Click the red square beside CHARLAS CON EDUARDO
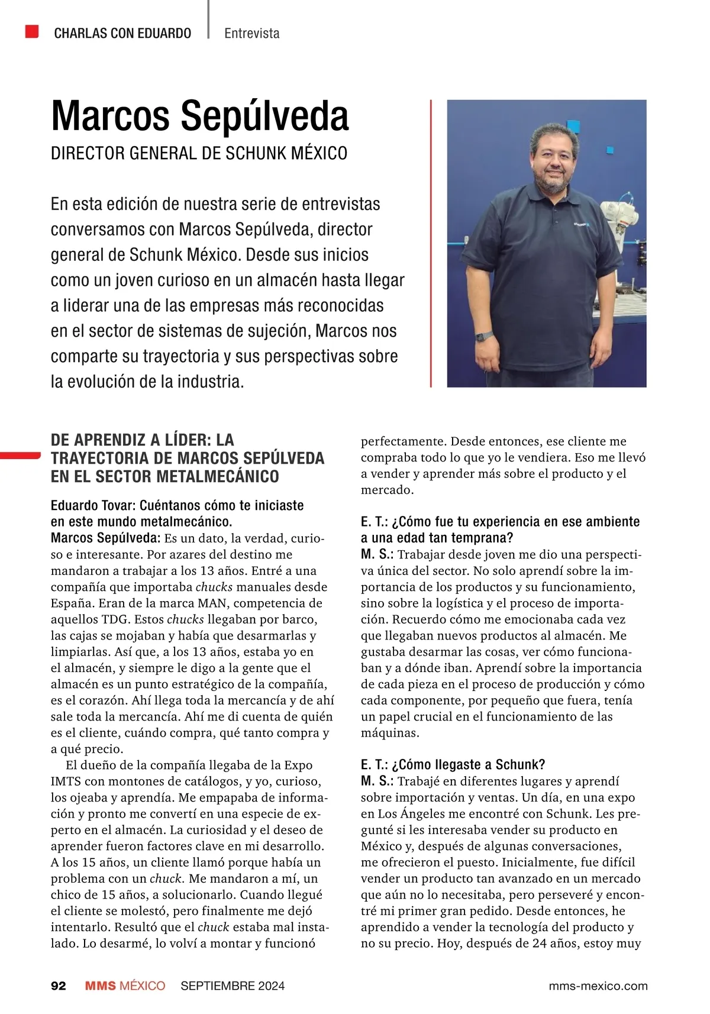tap(32, 31)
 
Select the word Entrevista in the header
tap(251, 33)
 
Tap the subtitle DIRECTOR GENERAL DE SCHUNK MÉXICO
tap(199, 153)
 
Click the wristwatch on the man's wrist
tap(485, 336)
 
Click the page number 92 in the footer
tap(59, 986)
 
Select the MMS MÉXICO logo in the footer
tap(125, 986)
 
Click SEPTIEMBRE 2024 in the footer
tap(233, 986)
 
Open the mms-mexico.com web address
tap(598, 986)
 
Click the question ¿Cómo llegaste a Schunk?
tap(453, 764)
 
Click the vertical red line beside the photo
tap(431, 243)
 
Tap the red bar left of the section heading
tap(20, 455)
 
